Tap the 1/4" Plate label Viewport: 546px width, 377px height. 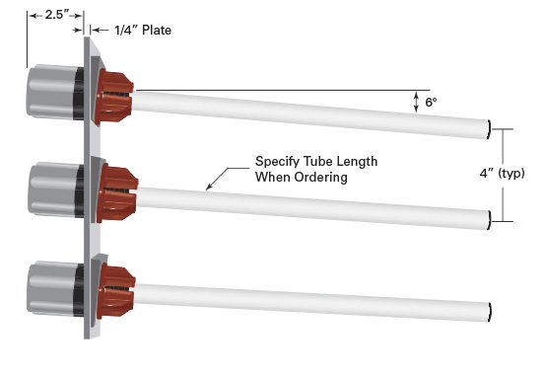click(146, 31)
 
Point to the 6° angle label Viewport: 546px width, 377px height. click(431, 102)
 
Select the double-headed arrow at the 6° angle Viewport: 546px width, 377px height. click(417, 102)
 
